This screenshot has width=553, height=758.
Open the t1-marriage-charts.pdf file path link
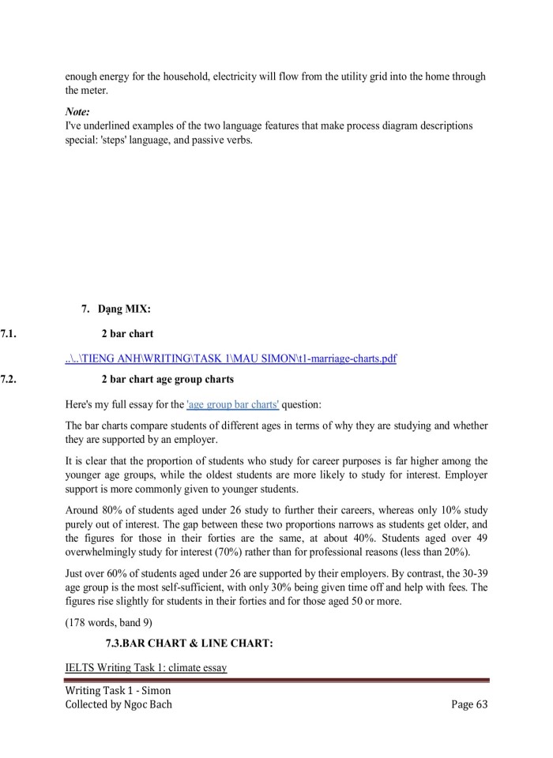231,359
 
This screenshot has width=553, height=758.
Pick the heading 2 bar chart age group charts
167,380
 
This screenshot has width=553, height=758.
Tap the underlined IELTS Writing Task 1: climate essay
146,668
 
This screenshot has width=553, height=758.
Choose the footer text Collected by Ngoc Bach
118,704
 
